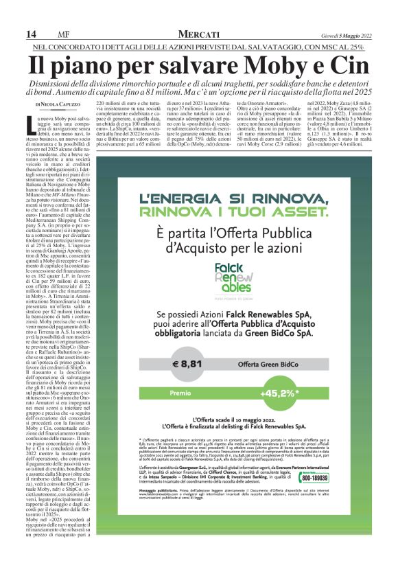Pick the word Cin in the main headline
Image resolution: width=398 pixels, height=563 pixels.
(x=349, y=67)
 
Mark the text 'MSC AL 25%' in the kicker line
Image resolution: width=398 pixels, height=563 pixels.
(x=339, y=47)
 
